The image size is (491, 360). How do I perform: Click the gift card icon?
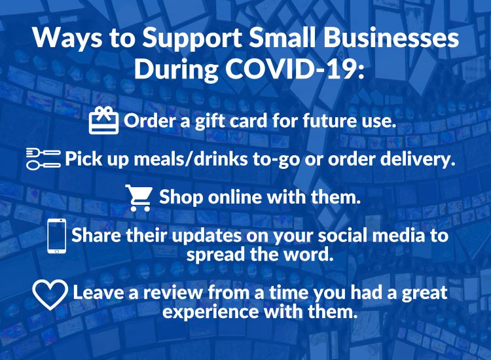click(103, 120)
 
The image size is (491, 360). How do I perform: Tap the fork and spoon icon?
click(43, 158)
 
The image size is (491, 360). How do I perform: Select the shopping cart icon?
click(139, 198)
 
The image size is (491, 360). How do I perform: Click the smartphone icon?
click(57, 236)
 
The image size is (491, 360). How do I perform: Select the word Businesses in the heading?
click(391, 38)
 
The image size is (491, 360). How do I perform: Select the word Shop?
click(181, 198)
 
